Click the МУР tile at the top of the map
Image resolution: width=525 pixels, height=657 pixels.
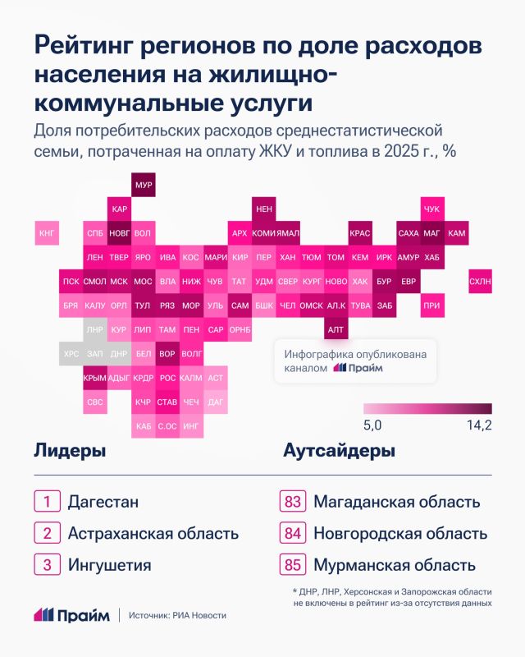[144, 185]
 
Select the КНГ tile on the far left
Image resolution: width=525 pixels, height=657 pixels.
[47, 233]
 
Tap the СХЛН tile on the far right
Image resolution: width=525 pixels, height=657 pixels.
[480, 282]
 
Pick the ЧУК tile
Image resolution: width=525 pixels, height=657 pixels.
[432, 209]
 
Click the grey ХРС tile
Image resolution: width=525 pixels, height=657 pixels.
[71, 354]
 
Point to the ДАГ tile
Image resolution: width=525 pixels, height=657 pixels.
[216, 402]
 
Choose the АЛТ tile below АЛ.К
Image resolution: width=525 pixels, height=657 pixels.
[336, 330]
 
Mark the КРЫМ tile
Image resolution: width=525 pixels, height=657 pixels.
[95, 378]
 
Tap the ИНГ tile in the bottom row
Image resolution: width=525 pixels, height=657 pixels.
[191, 426]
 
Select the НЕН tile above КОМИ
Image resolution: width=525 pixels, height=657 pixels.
[264, 209]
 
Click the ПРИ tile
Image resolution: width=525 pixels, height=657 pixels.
[432, 306]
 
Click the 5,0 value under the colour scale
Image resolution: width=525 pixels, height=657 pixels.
[372, 425]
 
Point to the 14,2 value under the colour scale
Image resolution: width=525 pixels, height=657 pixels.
[479, 425]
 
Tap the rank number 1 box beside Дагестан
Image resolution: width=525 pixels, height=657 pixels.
[47, 502]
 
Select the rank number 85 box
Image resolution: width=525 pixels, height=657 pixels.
[293, 565]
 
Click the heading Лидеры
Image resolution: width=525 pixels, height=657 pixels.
[70, 451]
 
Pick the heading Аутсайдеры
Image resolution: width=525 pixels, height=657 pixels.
[340, 451]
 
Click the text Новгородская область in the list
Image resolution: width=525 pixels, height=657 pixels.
[400, 533]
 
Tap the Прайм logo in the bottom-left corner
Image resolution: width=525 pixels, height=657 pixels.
[72, 615]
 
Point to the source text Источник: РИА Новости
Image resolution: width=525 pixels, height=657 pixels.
[177, 615]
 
